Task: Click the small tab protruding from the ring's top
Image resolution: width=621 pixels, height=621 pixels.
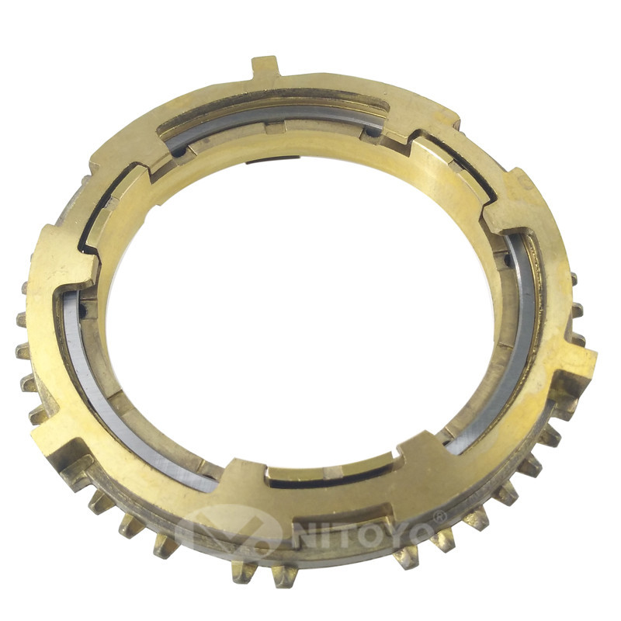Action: (265, 68)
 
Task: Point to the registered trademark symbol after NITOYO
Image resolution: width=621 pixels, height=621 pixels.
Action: (439, 516)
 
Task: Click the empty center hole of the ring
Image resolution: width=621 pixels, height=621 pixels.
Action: (303, 310)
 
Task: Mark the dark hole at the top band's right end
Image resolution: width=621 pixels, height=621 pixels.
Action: (376, 133)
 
